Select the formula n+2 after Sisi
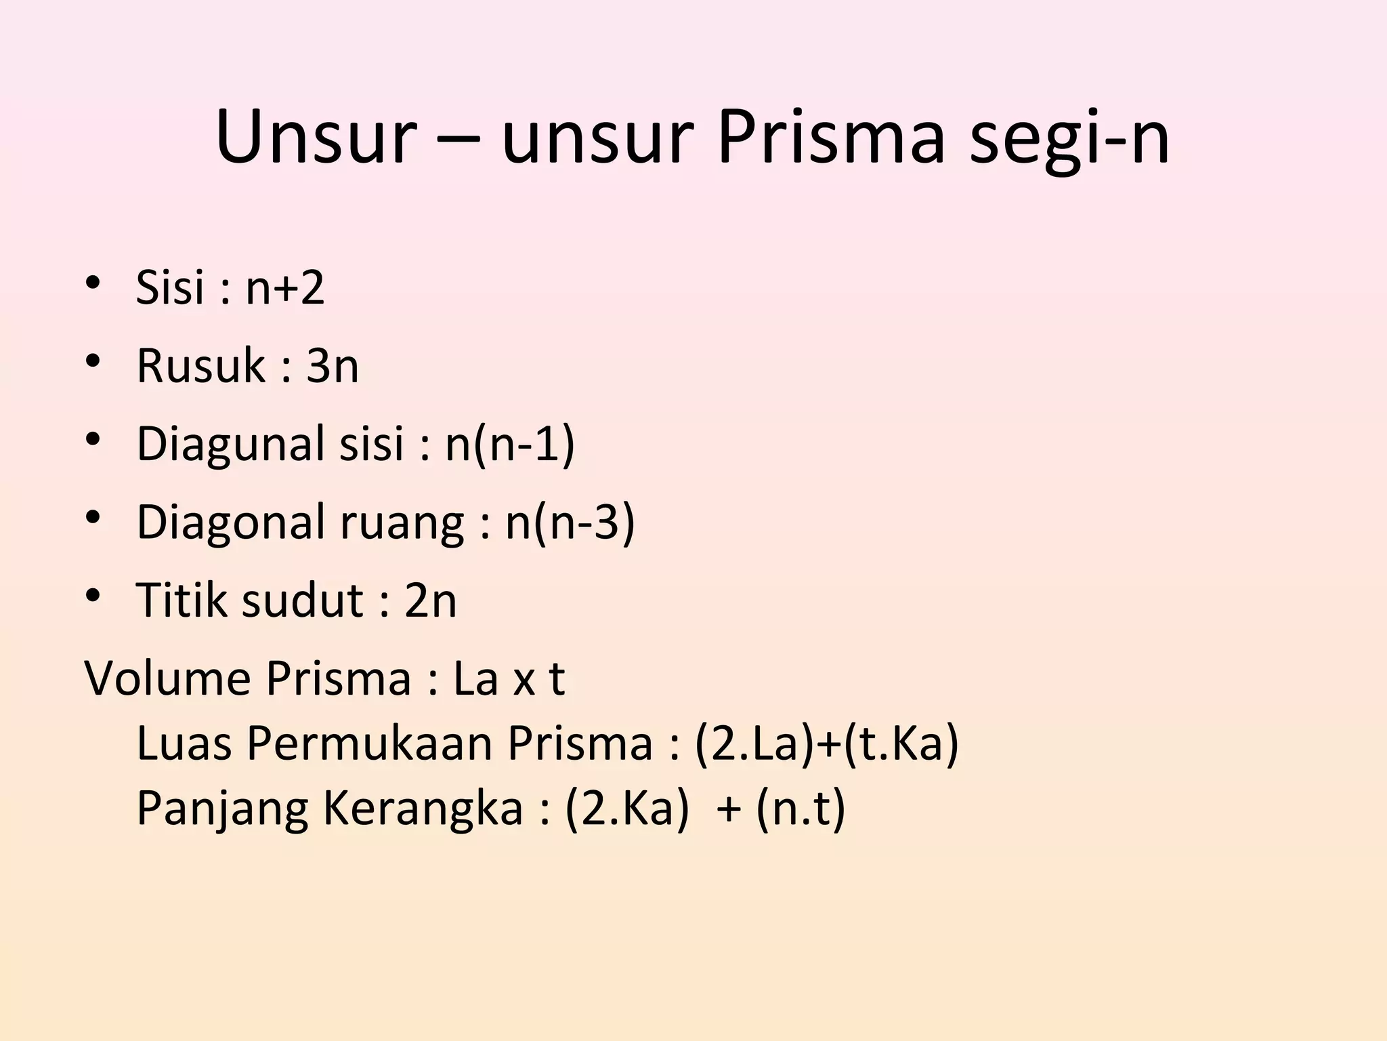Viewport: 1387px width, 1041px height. (284, 287)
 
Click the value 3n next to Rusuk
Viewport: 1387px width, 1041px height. (332, 366)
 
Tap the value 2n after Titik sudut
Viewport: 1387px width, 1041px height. (431, 600)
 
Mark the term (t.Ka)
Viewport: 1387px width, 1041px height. (901, 744)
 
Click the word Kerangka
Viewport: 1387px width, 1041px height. (423, 809)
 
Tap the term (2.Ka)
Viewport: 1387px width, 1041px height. (626, 809)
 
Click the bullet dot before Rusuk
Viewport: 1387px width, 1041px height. (93, 361)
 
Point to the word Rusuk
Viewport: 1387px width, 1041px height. (200, 366)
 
